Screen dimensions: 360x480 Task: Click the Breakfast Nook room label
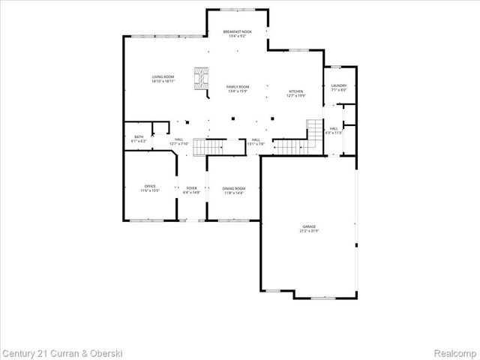pyautogui.click(x=238, y=33)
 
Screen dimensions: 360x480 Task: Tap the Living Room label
pyautogui.click(x=163, y=78)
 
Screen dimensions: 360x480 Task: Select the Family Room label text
pyautogui.click(x=238, y=88)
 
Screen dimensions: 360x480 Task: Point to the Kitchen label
pyautogui.click(x=297, y=93)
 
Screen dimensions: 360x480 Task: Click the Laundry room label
pyautogui.click(x=338, y=87)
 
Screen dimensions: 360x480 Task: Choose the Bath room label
pyautogui.click(x=139, y=138)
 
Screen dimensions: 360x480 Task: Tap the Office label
pyautogui.click(x=150, y=188)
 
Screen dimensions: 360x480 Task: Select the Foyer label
pyautogui.click(x=190, y=190)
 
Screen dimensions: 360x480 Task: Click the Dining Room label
pyautogui.click(x=234, y=190)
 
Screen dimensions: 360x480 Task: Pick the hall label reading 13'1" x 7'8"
pyautogui.click(x=256, y=141)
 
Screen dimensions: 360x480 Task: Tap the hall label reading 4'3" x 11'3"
pyautogui.click(x=334, y=130)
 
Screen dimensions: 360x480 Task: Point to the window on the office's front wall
pyautogui.click(x=146, y=220)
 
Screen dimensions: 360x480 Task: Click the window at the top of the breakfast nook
pyautogui.click(x=238, y=10)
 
